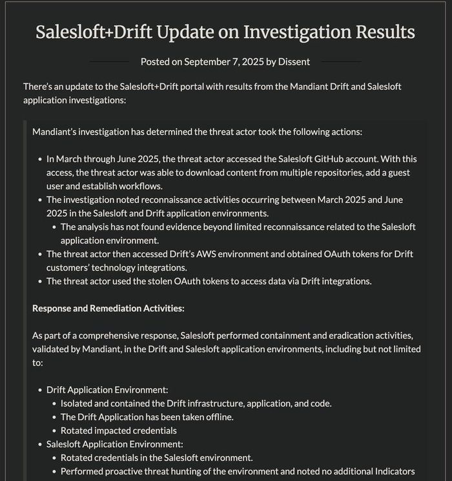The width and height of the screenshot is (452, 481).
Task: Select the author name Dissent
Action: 294,62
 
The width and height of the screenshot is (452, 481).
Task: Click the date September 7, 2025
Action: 223,62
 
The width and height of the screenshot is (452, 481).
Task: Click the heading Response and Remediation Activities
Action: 108,308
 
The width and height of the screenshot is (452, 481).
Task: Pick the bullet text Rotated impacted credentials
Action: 119,431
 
